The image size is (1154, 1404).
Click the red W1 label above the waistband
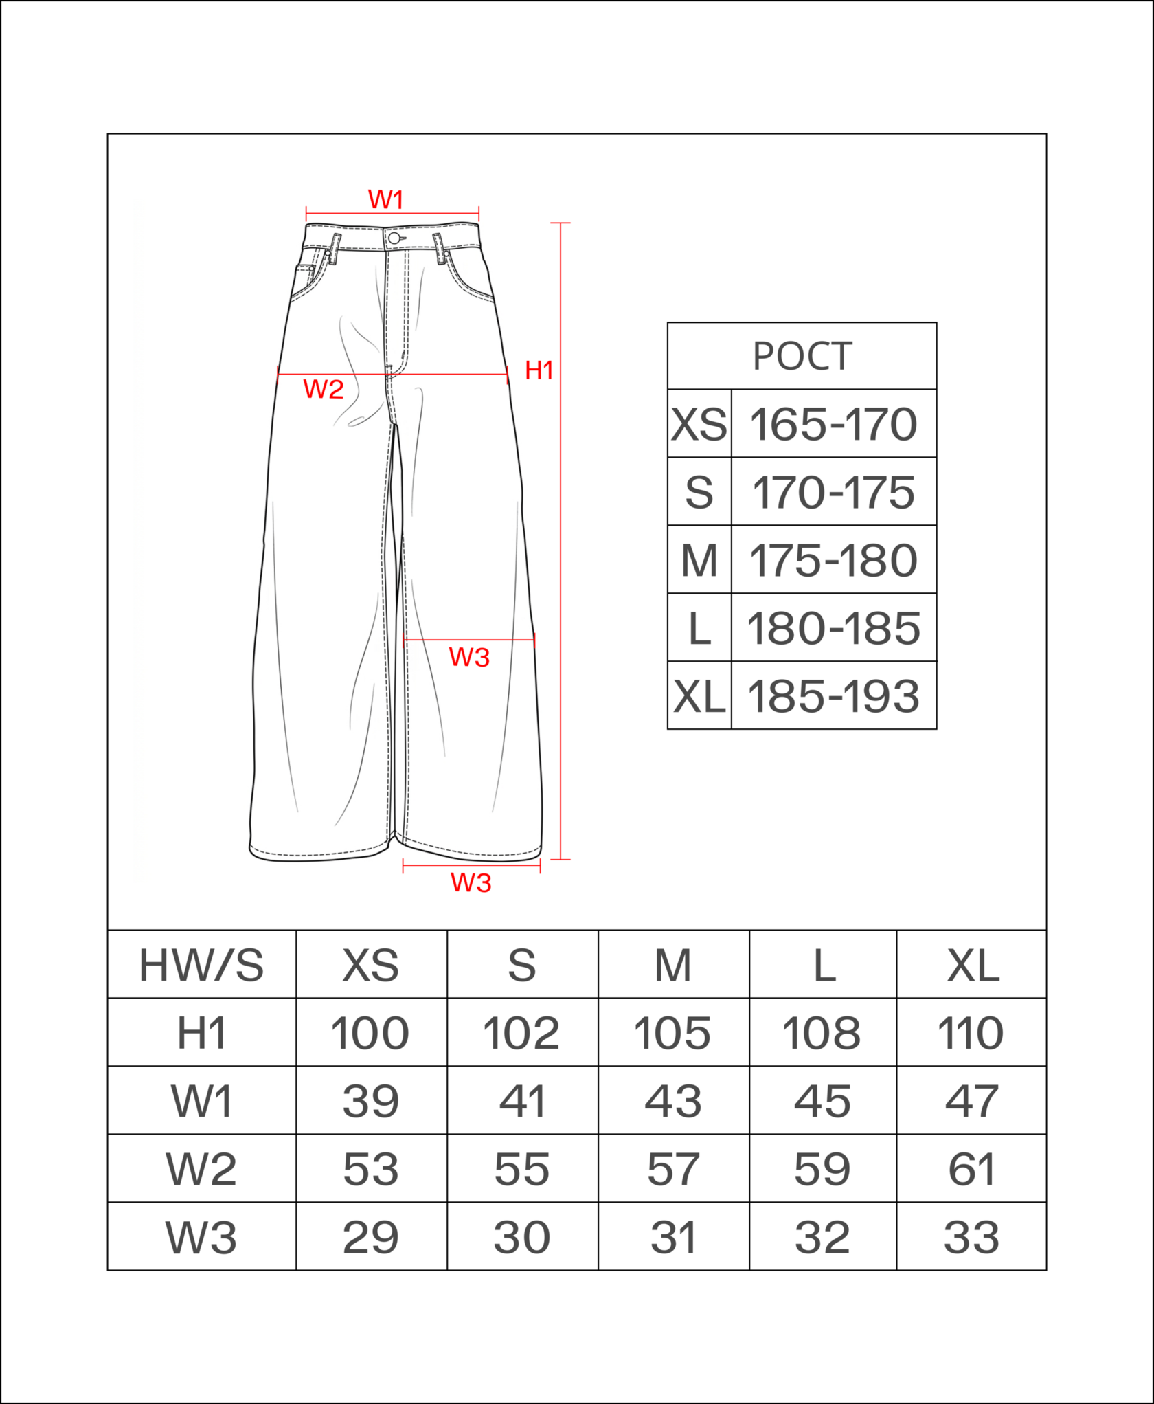(385, 200)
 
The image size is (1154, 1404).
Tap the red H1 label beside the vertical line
(539, 370)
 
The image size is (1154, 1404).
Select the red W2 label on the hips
(323, 390)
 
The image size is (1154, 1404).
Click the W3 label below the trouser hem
(471, 883)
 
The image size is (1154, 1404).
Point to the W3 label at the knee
(469, 658)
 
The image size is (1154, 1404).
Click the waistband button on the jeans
(394, 238)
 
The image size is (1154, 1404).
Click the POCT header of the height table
(802, 357)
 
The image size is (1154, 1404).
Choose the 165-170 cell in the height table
(833, 424)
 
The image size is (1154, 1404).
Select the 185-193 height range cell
(833, 696)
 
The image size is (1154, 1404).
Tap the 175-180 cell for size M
(833, 560)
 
